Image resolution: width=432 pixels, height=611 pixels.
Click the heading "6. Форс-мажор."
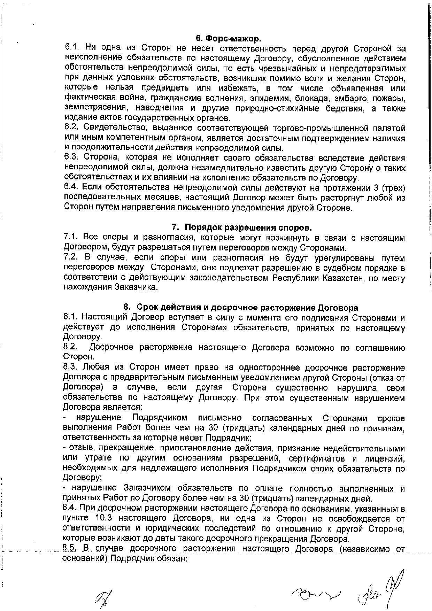coord(228,38)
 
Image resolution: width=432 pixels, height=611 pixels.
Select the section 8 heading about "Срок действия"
coord(241,308)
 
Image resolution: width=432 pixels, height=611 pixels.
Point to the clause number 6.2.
coord(72,128)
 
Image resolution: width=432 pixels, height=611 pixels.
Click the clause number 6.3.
coord(72,158)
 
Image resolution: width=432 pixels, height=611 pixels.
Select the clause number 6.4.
coord(72,188)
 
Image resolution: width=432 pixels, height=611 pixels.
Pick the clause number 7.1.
coord(71,238)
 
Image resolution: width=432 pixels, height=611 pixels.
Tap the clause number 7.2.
coord(71,258)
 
